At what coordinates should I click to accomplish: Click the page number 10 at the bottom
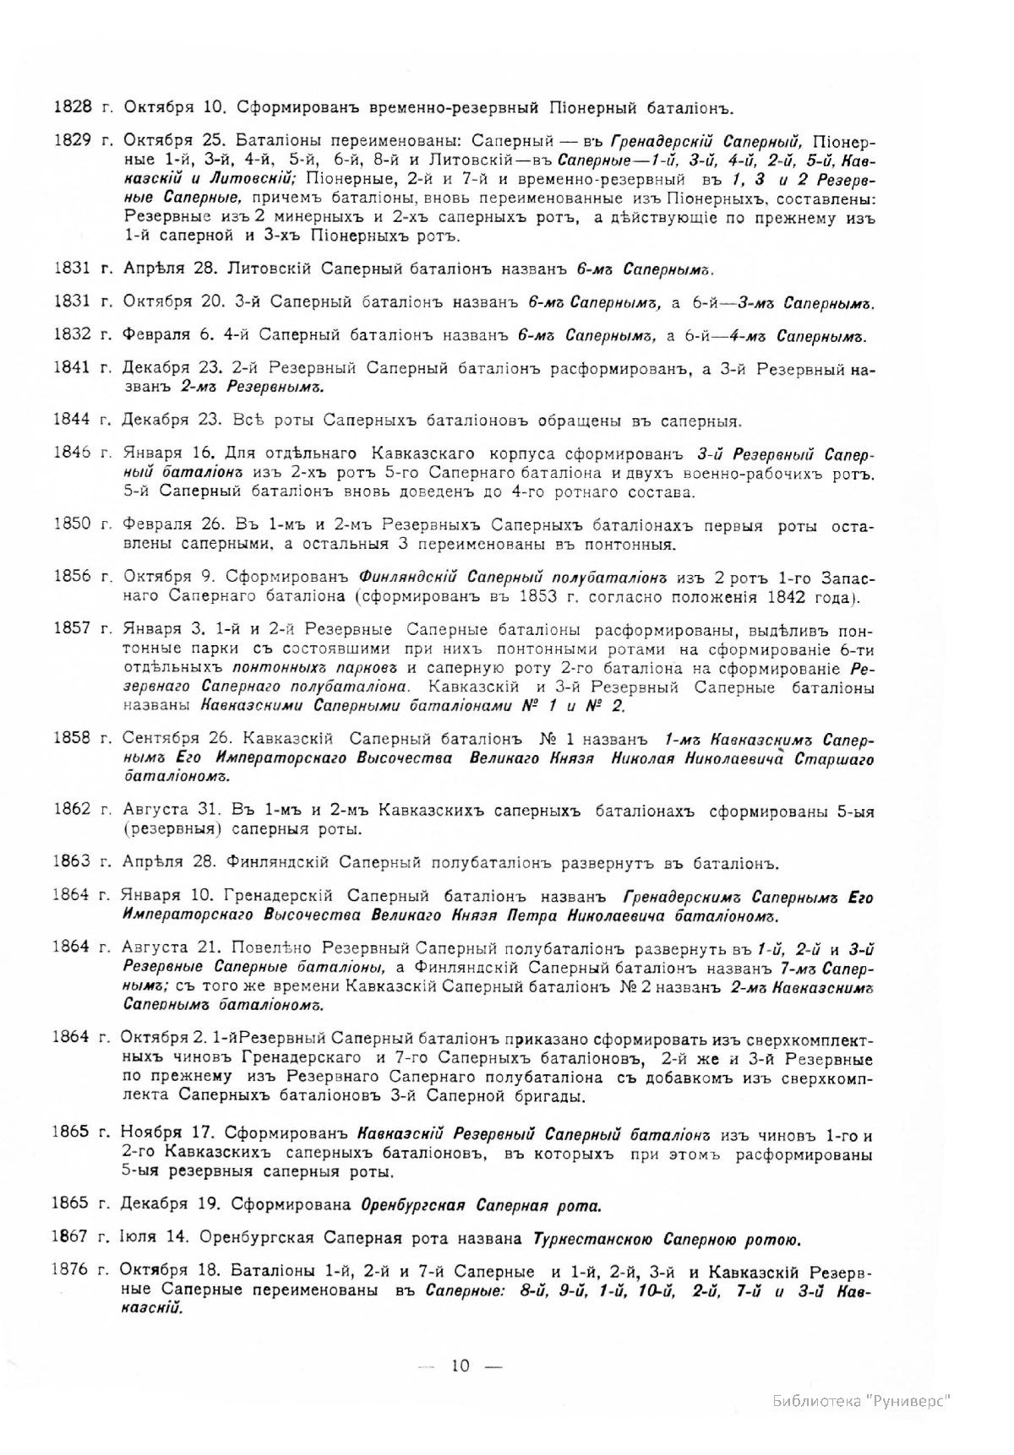(x=461, y=1366)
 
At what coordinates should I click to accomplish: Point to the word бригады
(x=546, y=1096)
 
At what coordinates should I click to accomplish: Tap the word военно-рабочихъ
(x=736, y=475)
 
